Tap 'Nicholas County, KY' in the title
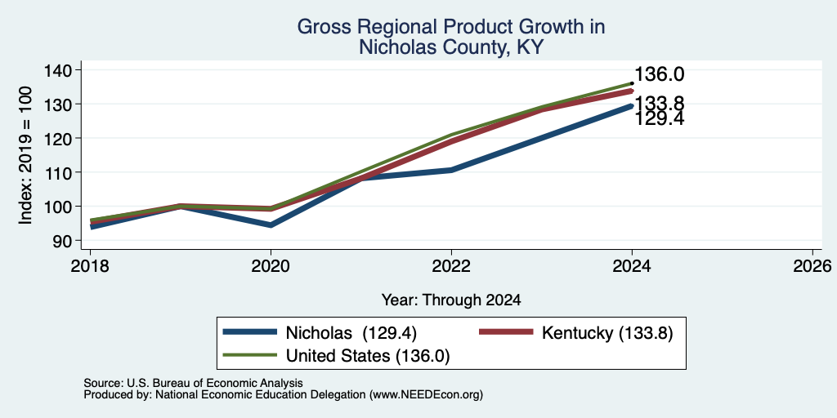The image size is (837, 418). [451, 47]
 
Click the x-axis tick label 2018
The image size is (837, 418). [90, 265]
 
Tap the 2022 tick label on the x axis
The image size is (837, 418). [451, 265]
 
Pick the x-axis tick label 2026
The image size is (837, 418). [813, 265]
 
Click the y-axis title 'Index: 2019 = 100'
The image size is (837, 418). [26, 155]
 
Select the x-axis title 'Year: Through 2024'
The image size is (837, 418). [451, 300]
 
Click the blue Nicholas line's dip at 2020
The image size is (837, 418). [271, 225]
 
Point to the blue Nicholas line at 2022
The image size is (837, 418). [451, 170]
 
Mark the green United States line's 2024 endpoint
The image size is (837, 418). [632, 83]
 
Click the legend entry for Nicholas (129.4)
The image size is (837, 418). [320, 332]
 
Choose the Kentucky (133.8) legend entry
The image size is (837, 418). [576, 332]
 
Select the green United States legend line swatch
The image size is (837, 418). [250, 355]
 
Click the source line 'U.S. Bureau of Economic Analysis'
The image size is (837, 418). [213, 383]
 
